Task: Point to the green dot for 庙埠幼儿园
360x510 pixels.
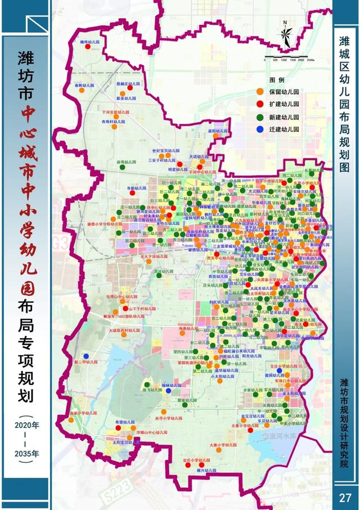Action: click(x=120, y=167)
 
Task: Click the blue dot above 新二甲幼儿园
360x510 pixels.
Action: click(x=86, y=356)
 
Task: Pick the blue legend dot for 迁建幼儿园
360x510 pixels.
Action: click(x=259, y=129)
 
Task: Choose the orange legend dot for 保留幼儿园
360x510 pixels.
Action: click(x=259, y=91)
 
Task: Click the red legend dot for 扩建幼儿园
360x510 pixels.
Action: click(x=259, y=104)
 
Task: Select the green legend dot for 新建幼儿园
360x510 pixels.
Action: click(x=259, y=116)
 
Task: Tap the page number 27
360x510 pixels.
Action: click(x=345, y=498)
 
